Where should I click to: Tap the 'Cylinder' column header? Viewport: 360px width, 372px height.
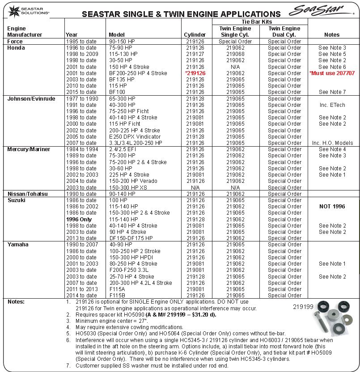tap(195, 34)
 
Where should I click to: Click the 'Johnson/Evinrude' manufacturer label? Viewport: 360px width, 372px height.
tap(31, 98)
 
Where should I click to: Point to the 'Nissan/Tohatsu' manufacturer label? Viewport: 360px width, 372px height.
tap(28, 194)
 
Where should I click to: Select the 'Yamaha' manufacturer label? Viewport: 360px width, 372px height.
tap(18, 245)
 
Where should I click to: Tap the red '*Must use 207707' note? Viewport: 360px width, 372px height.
tap(332, 73)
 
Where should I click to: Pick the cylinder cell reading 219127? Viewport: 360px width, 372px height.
tap(195, 54)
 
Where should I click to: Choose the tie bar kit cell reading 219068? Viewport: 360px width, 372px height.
tap(235, 54)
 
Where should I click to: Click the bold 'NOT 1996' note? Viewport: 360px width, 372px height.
tap(332, 207)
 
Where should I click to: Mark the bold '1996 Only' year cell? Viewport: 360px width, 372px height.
tap(79, 220)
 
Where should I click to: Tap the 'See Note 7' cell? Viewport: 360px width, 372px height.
tap(332, 92)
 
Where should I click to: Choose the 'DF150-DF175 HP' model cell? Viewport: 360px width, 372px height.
tap(131, 238)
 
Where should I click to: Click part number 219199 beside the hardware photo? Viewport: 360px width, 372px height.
tap(303, 307)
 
